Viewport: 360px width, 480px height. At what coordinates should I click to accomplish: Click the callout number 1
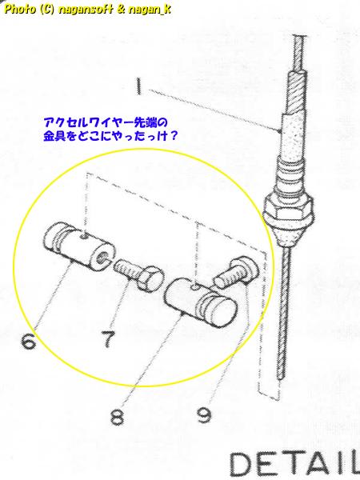[x=138, y=86]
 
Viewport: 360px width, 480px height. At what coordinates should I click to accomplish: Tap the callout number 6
[x=28, y=341]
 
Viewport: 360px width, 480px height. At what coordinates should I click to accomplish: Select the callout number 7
[x=108, y=339]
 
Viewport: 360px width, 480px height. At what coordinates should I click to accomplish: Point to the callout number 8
[x=118, y=416]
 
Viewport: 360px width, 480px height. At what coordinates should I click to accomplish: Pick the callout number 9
[x=204, y=414]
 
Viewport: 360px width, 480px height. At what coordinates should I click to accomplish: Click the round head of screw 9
[x=245, y=269]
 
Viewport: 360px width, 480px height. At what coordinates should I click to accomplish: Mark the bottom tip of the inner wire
[x=279, y=378]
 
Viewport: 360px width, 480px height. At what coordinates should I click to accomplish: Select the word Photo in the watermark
[x=19, y=9]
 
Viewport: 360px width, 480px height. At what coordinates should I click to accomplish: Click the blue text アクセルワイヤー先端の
[x=106, y=123]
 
